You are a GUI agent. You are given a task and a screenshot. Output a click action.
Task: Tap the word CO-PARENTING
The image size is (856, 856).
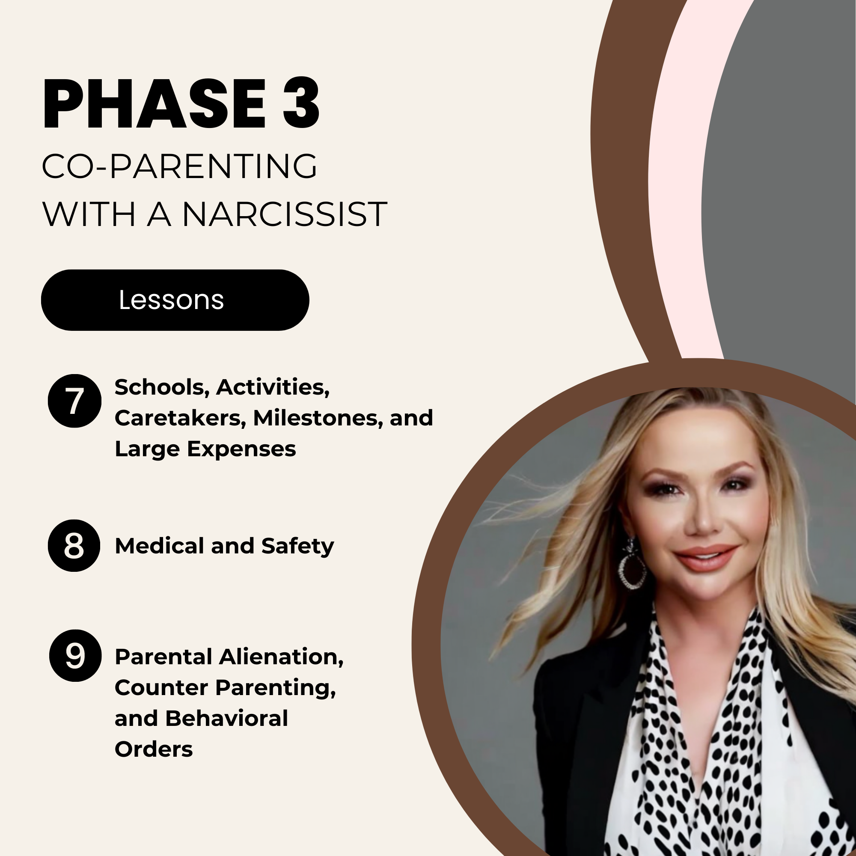[x=179, y=166]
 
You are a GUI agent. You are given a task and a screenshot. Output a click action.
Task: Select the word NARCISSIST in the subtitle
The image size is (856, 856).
[x=285, y=214]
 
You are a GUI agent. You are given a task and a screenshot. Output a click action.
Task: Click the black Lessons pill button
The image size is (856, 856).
[x=175, y=300]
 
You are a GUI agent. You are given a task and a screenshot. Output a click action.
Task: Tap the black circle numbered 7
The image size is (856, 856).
[x=74, y=401]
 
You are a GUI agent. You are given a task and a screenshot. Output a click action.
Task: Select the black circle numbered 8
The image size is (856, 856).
[x=74, y=545]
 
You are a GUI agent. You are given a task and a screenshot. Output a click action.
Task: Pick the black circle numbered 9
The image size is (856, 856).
[x=75, y=655]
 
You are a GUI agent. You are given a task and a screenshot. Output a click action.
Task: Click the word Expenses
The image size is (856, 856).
[x=241, y=449]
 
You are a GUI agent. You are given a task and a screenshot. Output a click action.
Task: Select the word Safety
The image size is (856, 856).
[x=297, y=546]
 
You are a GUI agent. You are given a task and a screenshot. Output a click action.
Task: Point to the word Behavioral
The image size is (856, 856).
[x=226, y=718]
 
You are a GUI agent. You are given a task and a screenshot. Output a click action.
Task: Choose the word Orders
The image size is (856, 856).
[x=154, y=749]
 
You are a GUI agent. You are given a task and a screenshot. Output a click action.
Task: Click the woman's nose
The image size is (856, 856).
[x=703, y=518]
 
